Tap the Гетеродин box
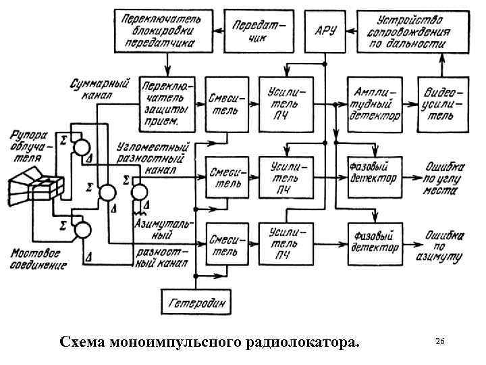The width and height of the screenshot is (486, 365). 196,301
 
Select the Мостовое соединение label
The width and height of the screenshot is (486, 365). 38,260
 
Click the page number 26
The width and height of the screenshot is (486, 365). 439,341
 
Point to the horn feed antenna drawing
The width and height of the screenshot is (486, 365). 36,188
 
